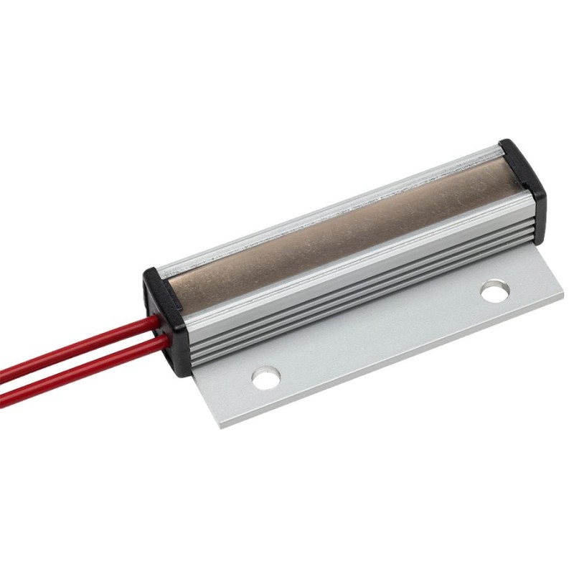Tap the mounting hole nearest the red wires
[266, 377]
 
